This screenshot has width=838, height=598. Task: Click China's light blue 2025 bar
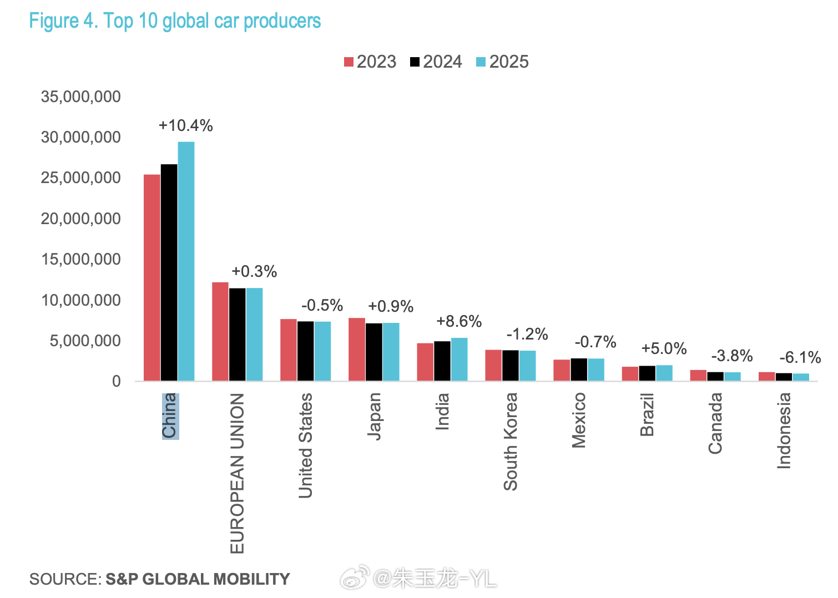tap(186, 261)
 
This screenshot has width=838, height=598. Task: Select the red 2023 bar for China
tap(152, 277)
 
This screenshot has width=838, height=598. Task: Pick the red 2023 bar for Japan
tap(357, 349)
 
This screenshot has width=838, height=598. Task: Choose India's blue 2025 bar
tap(459, 359)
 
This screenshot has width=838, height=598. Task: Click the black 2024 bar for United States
tap(306, 351)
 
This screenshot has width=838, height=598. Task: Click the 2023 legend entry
tap(370, 62)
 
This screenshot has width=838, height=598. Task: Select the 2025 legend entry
tap(502, 62)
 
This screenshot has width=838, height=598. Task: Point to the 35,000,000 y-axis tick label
tap(80, 97)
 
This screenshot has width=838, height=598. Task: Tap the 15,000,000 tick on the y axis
tap(80, 260)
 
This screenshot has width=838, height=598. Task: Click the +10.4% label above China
tap(185, 125)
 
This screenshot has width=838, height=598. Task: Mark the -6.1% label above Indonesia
tap(800, 357)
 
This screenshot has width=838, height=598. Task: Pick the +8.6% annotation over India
tap(459, 321)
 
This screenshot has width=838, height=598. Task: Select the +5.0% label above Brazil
tap(664, 348)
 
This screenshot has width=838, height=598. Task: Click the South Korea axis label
tap(511, 441)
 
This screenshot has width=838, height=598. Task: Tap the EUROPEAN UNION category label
tap(237, 473)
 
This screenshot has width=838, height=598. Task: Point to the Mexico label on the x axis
tap(579, 420)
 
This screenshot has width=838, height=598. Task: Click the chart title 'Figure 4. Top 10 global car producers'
tap(175, 21)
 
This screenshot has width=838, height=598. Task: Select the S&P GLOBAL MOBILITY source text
tap(198, 579)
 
